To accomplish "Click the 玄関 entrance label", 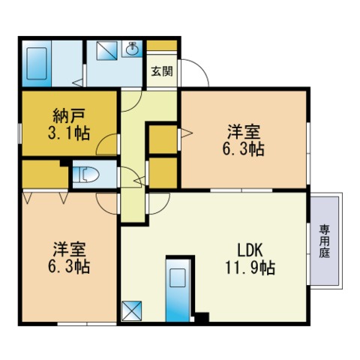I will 160,72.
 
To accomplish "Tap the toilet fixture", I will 88,175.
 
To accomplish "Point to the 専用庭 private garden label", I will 324,241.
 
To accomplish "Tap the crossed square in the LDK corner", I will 131,310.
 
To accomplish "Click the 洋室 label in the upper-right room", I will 244,132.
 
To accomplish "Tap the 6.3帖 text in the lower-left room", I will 69,267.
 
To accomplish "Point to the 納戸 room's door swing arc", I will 111,143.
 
